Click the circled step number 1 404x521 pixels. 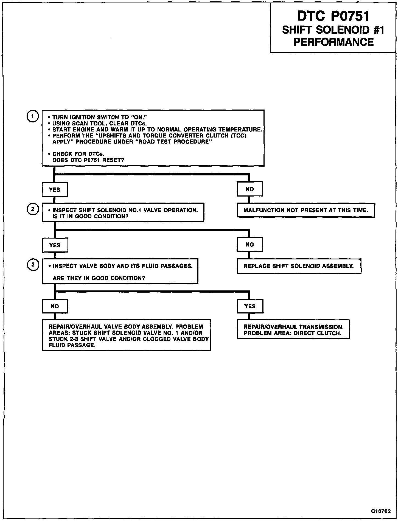pyautogui.click(x=32, y=116)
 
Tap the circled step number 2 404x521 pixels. pyautogui.click(x=33, y=209)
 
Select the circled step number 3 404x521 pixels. pyautogui.click(x=33, y=265)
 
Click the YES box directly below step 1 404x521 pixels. pyautogui.click(x=55, y=190)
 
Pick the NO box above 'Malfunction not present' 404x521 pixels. pyautogui.click(x=250, y=189)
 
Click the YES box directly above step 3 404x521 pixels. pyautogui.click(x=55, y=245)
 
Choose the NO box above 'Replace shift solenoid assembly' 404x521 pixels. pyautogui.click(x=250, y=245)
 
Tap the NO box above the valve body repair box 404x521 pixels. pyautogui.click(x=55, y=306)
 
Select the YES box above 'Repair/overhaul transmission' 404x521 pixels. pyautogui.click(x=250, y=306)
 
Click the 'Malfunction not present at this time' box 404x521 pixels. pyautogui.click(x=306, y=211)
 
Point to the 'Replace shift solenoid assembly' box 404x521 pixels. pyautogui.click(x=299, y=266)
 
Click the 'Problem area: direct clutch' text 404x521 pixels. pyautogui.click(x=293, y=333)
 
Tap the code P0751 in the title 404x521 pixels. pyautogui.click(x=350, y=16)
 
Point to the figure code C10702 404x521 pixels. pyautogui.click(x=381, y=511)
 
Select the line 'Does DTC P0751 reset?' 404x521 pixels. pyautogui.click(x=88, y=160)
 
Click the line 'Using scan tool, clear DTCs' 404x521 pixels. pyautogui.click(x=99, y=124)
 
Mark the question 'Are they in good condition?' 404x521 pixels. pyautogui.click(x=99, y=278)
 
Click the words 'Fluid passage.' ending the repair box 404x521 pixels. pyautogui.click(x=72, y=345)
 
